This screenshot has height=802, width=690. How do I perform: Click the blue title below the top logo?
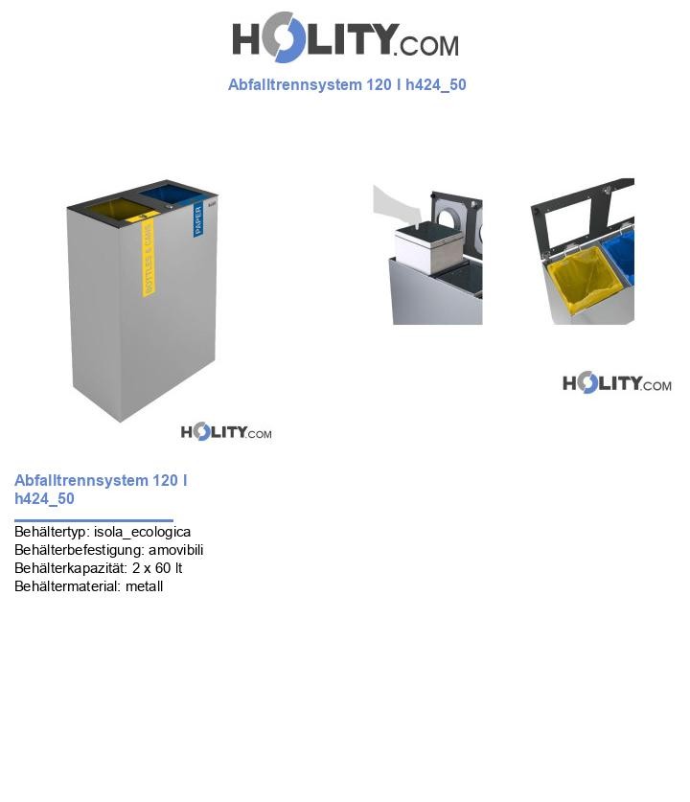(x=347, y=84)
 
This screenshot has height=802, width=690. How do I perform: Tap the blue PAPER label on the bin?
(x=198, y=219)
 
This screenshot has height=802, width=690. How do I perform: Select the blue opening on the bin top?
(x=172, y=195)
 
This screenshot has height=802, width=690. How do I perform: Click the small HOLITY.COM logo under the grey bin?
(x=226, y=432)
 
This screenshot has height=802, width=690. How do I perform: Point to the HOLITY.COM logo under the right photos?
(x=616, y=383)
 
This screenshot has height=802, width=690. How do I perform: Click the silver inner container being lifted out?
(x=429, y=248)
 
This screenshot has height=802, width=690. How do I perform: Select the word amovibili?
(x=175, y=550)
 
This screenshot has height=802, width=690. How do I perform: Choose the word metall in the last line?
(x=144, y=586)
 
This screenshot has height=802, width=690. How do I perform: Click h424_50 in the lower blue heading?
(x=44, y=499)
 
